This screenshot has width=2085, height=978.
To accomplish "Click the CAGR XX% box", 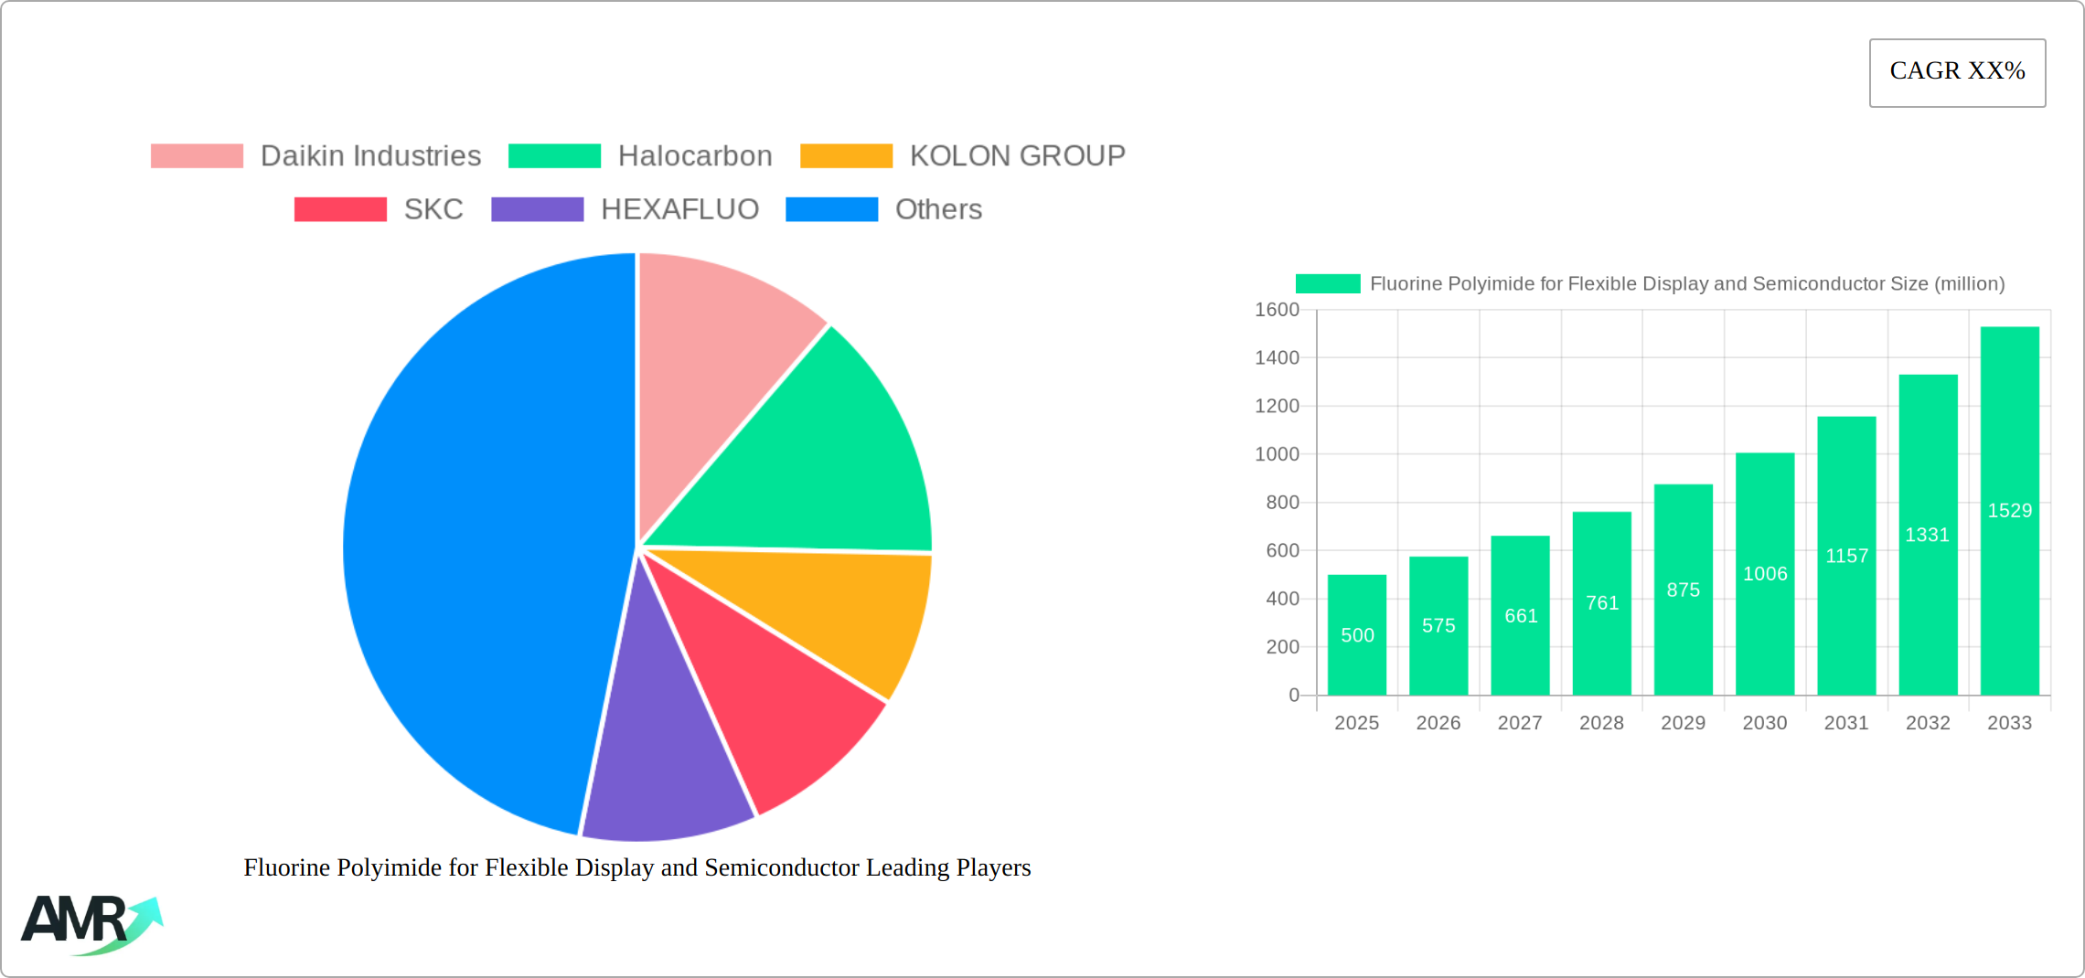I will point(1957,72).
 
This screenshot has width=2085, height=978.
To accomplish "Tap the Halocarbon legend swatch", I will point(554,156).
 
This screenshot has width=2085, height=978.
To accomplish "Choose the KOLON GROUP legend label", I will point(1017,156).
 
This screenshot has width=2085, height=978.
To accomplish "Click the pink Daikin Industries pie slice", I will point(713,356).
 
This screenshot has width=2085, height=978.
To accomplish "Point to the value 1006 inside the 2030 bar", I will point(1764,574).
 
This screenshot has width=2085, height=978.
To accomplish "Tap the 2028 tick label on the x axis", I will point(1601,723).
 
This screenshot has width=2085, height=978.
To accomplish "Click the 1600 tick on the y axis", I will point(1277,310).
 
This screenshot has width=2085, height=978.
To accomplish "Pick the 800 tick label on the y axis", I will point(1282,503).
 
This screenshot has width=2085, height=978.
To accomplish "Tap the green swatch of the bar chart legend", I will point(1327,284).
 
